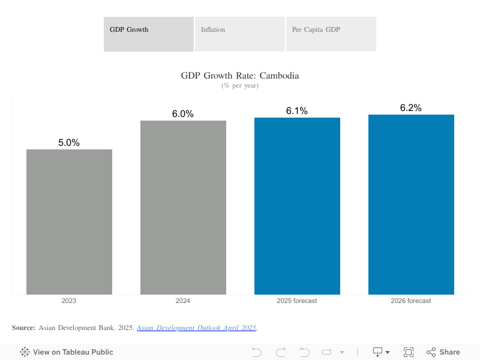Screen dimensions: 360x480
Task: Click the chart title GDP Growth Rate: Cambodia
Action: pyautogui.click(x=240, y=76)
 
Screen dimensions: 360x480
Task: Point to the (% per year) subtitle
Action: pyautogui.click(x=240, y=85)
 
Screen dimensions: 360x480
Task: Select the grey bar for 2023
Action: pyautogui.click(x=69, y=222)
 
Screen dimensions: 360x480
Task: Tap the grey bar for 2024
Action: pyautogui.click(x=183, y=208)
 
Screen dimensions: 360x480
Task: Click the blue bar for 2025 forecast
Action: pyautogui.click(x=297, y=206)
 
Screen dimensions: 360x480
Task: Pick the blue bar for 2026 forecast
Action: pyautogui.click(x=411, y=205)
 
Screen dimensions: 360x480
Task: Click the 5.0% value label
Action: pyautogui.click(x=69, y=143)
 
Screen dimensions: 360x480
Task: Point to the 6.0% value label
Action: pyautogui.click(x=183, y=114)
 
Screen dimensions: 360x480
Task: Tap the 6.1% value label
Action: pyautogui.click(x=297, y=111)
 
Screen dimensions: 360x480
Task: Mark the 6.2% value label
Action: pyautogui.click(x=411, y=108)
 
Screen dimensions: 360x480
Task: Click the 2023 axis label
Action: pyautogui.click(x=69, y=301)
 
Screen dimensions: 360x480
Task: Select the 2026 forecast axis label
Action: pyautogui.click(x=411, y=301)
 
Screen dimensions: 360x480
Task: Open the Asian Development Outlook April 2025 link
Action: pyautogui.click(x=197, y=328)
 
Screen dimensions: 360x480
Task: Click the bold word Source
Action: pyautogui.click(x=23, y=328)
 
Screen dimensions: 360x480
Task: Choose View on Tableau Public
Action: pyautogui.click(x=67, y=352)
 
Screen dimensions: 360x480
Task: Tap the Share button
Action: pyautogui.click(x=443, y=352)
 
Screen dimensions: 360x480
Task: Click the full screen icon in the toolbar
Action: pyautogui.click(x=409, y=352)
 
